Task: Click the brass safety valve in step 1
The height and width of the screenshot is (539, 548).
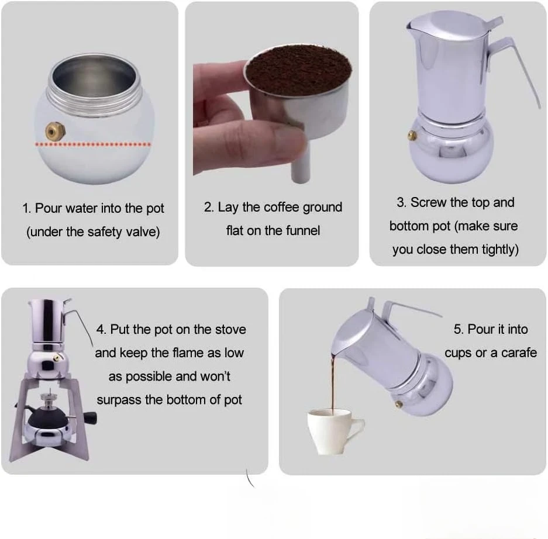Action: click(x=55, y=132)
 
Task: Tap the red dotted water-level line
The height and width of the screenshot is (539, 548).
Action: click(x=94, y=144)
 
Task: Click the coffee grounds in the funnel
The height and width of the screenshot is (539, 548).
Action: click(x=298, y=70)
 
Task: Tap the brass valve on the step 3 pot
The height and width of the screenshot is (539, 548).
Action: click(x=413, y=135)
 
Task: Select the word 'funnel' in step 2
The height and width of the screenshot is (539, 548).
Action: click(x=303, y=230)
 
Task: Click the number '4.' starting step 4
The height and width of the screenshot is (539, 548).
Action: click(x=101, y=329)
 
